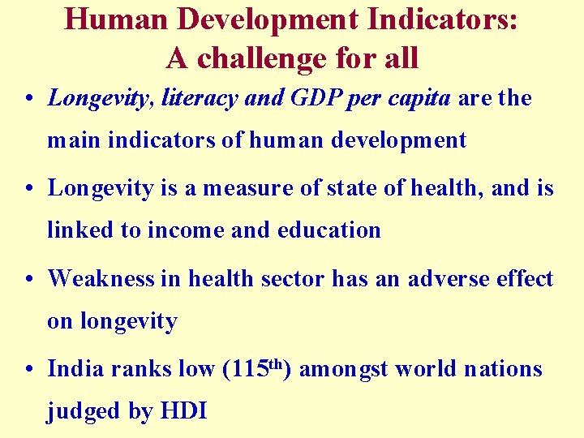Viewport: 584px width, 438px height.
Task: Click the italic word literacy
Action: (x=200, y=99)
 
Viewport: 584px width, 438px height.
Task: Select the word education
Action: (x=329, y=230)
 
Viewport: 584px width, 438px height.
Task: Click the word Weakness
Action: (x=101, y=279)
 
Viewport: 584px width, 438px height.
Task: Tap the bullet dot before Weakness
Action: (x=29, y=280)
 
